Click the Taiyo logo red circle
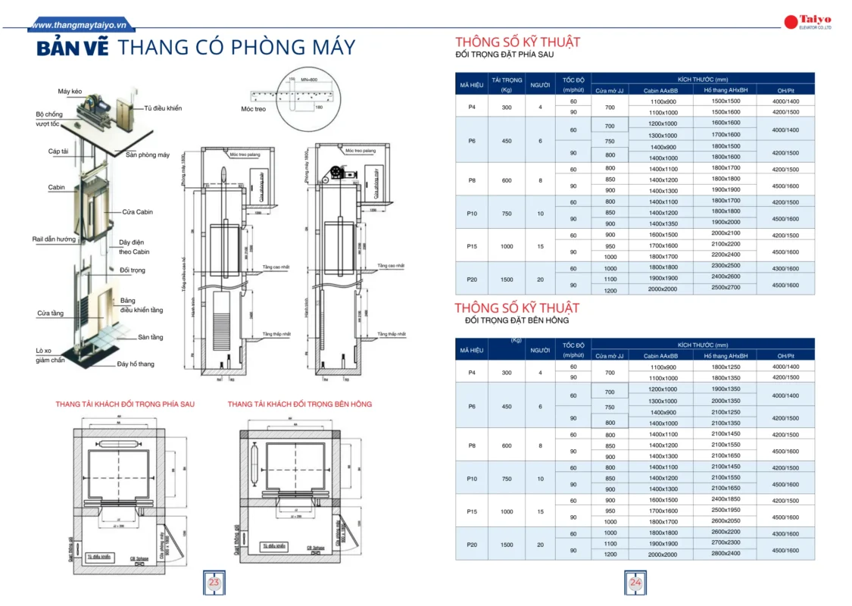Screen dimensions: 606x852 pos(791,20)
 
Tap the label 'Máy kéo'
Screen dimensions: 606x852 pos(69,92)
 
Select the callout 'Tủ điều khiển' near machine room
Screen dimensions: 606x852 pos(163,108)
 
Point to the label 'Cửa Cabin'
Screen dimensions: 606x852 pos(137,212)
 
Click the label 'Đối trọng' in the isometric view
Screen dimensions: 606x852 pos(132,270)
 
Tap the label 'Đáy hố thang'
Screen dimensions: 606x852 pos(136,364)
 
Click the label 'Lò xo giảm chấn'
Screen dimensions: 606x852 pos(50,356)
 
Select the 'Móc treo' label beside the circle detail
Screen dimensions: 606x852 pos(253,109)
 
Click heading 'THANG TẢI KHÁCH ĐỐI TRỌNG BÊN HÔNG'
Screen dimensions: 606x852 pos(299,405)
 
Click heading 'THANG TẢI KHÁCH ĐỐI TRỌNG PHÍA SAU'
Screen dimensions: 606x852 pos(125,405)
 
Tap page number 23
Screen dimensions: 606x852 pos(214,583)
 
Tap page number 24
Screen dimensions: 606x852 pos(635,583)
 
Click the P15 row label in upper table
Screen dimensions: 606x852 pos(472,246)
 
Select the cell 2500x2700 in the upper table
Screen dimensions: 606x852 pos(726,289)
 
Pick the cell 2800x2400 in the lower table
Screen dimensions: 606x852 pos(726,554)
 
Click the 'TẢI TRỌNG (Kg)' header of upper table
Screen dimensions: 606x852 pos(507,84)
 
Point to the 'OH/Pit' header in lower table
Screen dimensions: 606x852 pos(785,355)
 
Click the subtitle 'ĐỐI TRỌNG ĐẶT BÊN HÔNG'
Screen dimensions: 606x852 pos(517,321)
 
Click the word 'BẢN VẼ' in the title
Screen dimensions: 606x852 pos(73,48)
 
